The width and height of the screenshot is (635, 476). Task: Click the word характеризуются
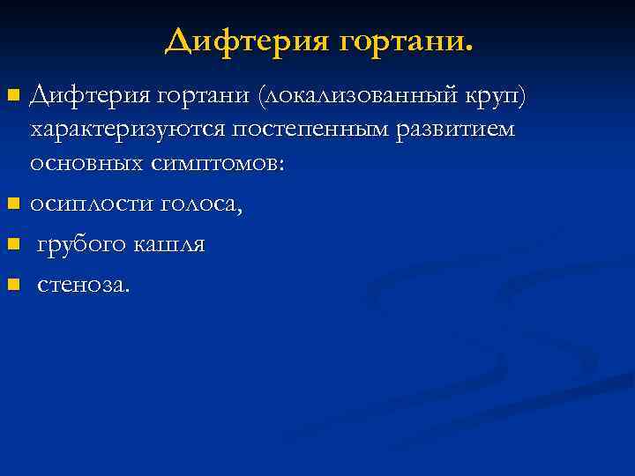tap(127, 130)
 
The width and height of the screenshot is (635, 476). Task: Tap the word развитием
tap(456, 130)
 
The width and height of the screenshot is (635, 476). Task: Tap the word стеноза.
tap(83, 285)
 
